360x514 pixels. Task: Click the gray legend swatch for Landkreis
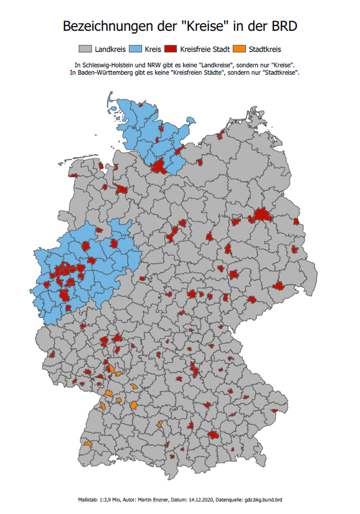coord(85,49)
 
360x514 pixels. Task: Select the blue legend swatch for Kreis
coord(135,49)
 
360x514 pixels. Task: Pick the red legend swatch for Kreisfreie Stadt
coord(171,49)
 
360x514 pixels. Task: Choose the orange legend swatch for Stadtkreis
coord(239,49)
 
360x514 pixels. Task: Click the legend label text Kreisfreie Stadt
coord(205,49)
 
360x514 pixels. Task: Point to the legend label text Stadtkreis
coord(265,49)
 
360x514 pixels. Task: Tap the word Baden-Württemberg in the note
coord(102,72)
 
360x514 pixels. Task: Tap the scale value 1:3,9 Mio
coord(110,500)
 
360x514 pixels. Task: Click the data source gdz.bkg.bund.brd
coord(263,500)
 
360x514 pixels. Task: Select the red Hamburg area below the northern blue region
coord(159,167)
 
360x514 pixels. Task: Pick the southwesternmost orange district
coord(88,444)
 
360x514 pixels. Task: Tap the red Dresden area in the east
coord(278,286)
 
